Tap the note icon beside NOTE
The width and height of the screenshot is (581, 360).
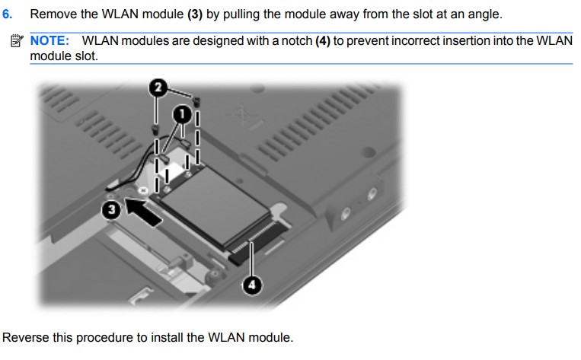18,40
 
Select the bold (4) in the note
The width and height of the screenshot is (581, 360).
325,40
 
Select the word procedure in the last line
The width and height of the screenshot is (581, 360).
104,337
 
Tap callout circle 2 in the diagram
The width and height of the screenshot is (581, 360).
158,88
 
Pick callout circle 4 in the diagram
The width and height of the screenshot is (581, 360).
252,285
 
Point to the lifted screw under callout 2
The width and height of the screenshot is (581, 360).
196,100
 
